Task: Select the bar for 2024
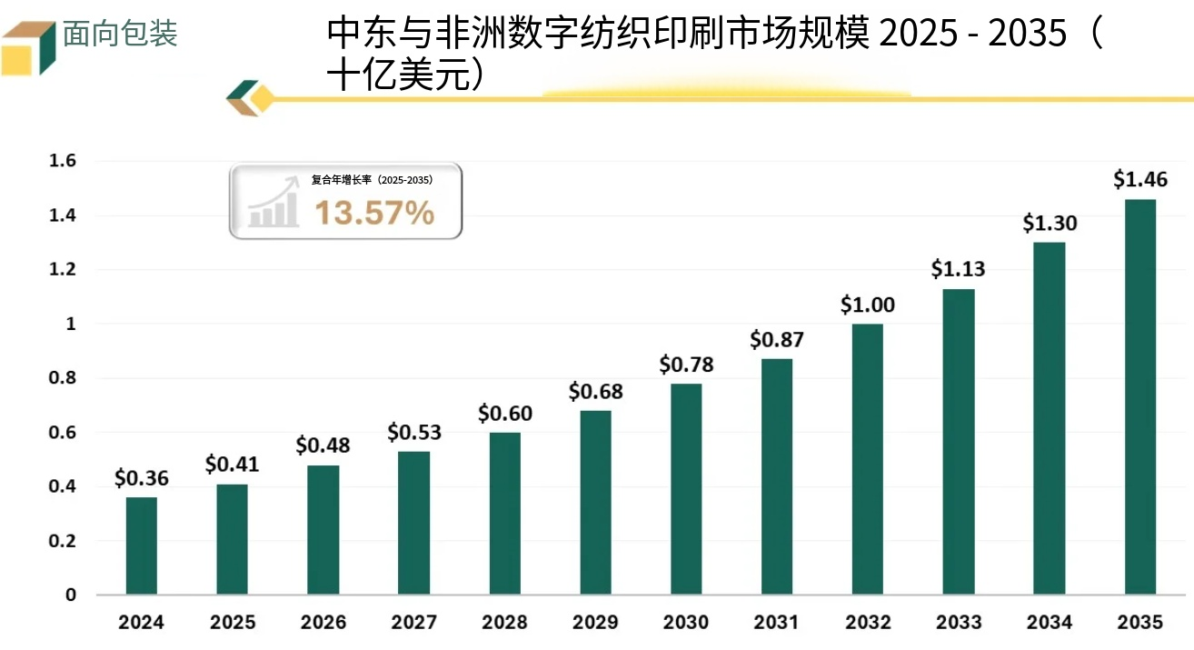141,545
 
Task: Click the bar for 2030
686,489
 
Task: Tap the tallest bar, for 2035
1140,396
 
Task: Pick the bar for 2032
868,459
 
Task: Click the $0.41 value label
232,465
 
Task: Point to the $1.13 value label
959,269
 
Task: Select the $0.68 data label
595,392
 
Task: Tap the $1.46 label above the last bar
1140,179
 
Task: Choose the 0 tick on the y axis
70,595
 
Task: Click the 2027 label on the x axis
413,623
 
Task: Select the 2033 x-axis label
959,623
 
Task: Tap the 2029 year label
595,623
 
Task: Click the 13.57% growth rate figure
374,213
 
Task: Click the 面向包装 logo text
120,35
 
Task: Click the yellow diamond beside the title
262,98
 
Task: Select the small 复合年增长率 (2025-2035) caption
372,180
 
